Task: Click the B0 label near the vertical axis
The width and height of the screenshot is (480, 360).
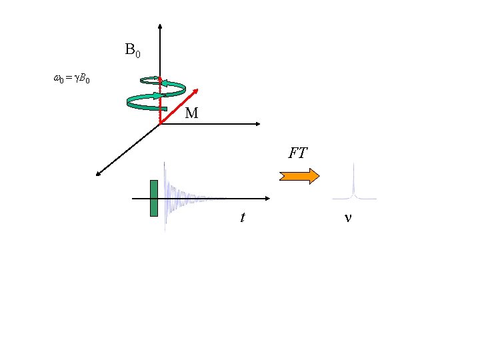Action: (x=132, y=49)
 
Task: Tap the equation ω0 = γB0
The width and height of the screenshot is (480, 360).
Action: (x=71, y=79)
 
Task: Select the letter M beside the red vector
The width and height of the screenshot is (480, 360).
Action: (x=191, y=113)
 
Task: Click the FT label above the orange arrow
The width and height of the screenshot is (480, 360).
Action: (x=297, y=153)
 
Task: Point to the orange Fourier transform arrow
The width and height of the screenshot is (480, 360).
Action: (x=299, y=176)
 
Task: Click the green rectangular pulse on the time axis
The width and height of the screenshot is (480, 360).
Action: (x=154, y=198)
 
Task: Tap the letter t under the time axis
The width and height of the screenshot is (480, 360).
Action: (x=243, y=217)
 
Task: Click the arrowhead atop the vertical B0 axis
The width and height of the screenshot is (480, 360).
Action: (x=160, y=27)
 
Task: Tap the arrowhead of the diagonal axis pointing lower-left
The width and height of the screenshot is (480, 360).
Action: (x=98, y=174)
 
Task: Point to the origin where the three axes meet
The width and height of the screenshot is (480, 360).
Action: (x=160, y=124)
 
